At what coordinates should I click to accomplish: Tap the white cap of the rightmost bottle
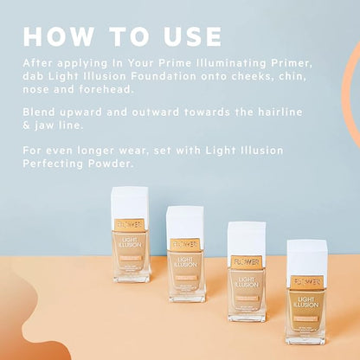tap(306, 256)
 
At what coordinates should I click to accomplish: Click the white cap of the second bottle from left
tap(185, 221)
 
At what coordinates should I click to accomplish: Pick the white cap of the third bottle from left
tap(246, 237)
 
